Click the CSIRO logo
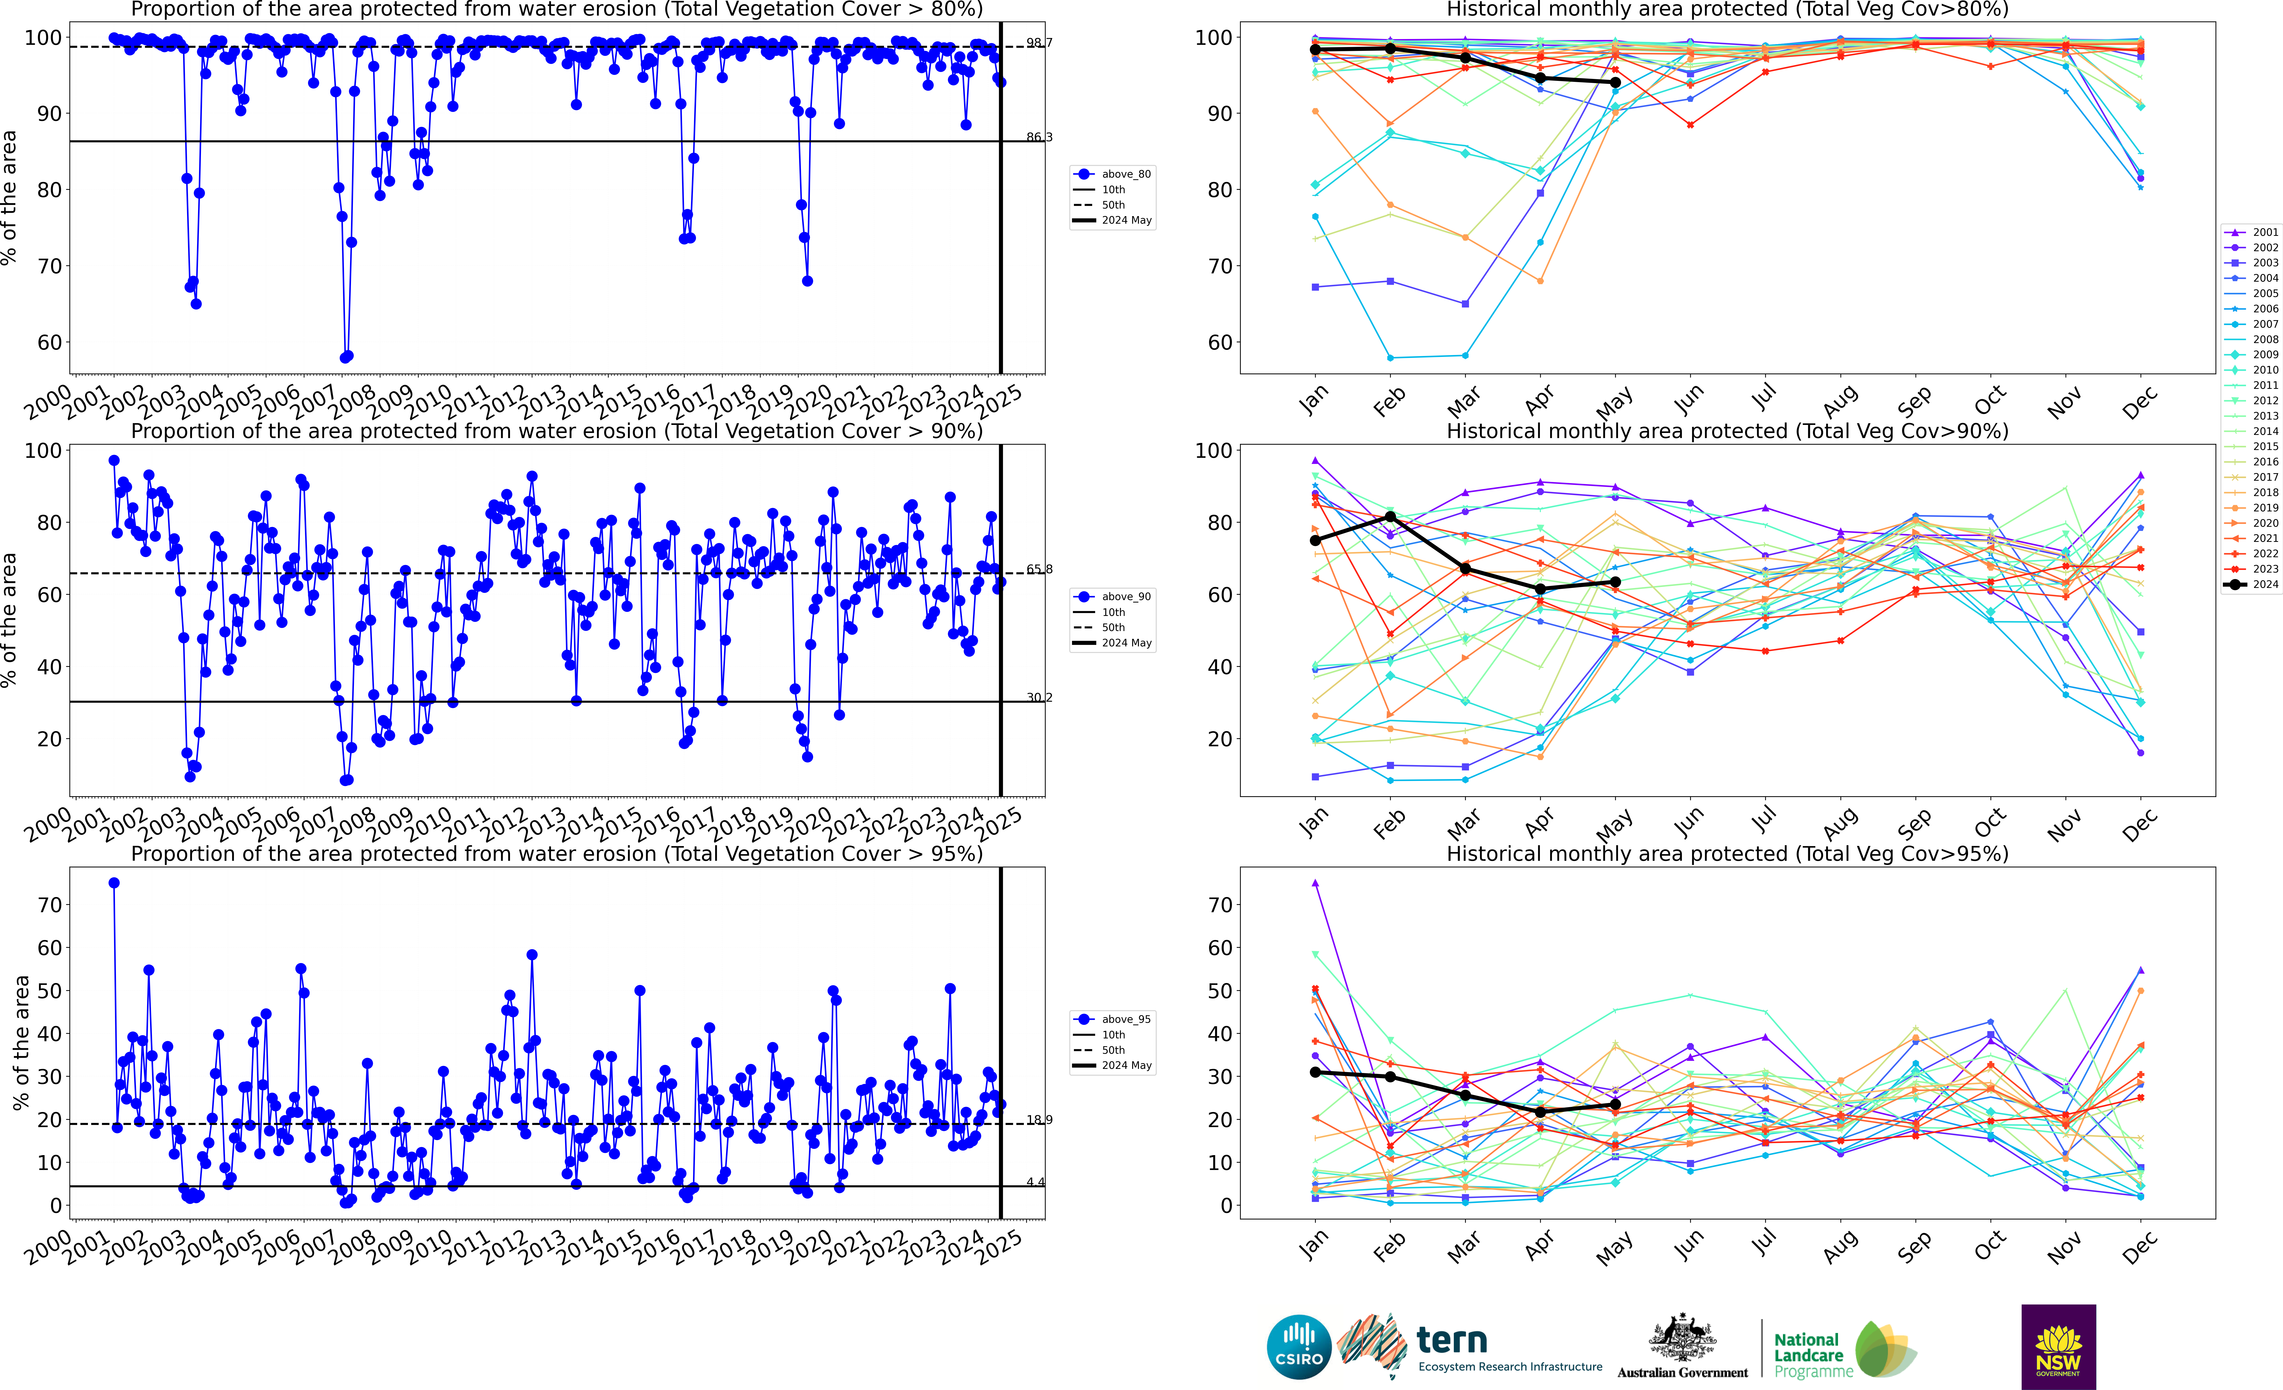[1299, 1346]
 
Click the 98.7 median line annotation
[1039, 43]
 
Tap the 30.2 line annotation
[1039, 697]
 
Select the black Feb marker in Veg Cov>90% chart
[1390, 516]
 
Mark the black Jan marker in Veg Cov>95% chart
[1315, 1072]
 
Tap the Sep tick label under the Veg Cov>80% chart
[1914, 400]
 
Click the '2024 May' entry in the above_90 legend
[1126, 643]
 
